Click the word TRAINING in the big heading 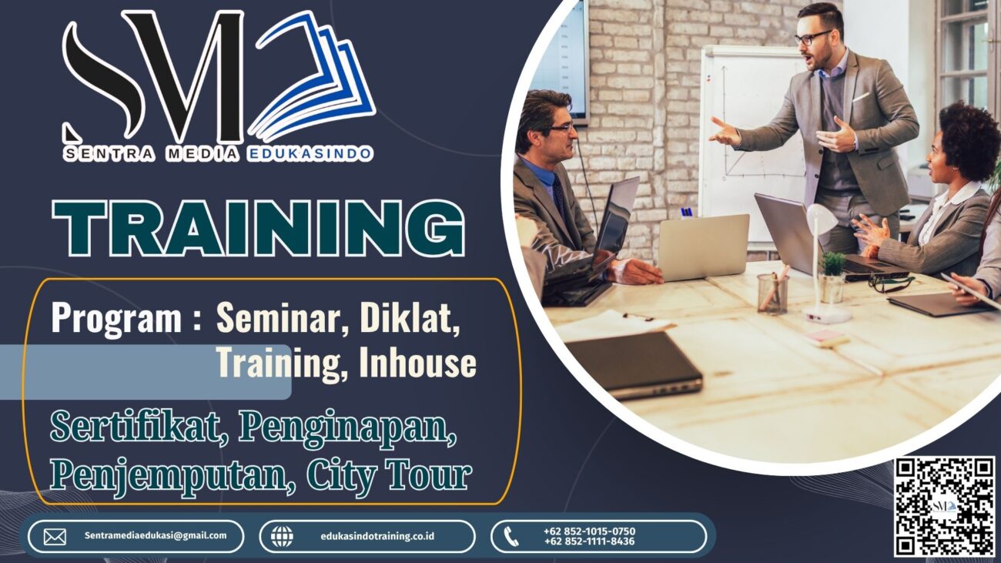(258, 227)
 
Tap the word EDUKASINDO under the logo (310, 154)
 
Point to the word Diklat (410, 318)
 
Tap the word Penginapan (347, 429)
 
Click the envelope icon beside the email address (55, 537)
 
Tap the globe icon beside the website (283, 537)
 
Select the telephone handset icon (511, 537)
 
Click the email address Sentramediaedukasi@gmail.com (156, 535)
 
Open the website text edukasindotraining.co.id (377, 536)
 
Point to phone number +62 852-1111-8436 (589, 541)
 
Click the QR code (945, 507)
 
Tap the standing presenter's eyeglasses (812, 38)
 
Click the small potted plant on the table (832, 276)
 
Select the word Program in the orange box (116, 319)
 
